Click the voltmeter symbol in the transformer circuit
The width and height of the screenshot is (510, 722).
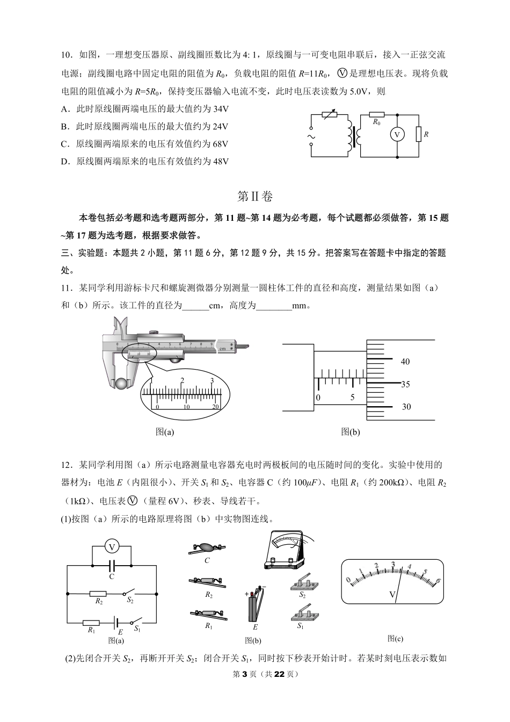click(x=397, y=135)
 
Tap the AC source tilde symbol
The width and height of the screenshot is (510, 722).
click(x=310, y=136)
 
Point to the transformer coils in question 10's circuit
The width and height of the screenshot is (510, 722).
click(x=354, y=136)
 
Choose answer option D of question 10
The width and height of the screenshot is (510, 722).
click(x=145, y=161)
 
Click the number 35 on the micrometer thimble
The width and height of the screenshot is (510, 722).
click(x=405, y=384)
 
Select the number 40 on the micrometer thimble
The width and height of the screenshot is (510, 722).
click(x=405, y=362)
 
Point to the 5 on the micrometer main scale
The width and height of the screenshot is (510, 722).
click(x=353, y=398)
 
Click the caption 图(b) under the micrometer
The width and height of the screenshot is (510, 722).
click(x=351, y=431)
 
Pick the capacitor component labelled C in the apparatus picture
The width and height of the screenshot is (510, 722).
click(x=207, y=548)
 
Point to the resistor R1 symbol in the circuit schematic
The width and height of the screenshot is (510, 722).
click(x=91, y=623)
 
